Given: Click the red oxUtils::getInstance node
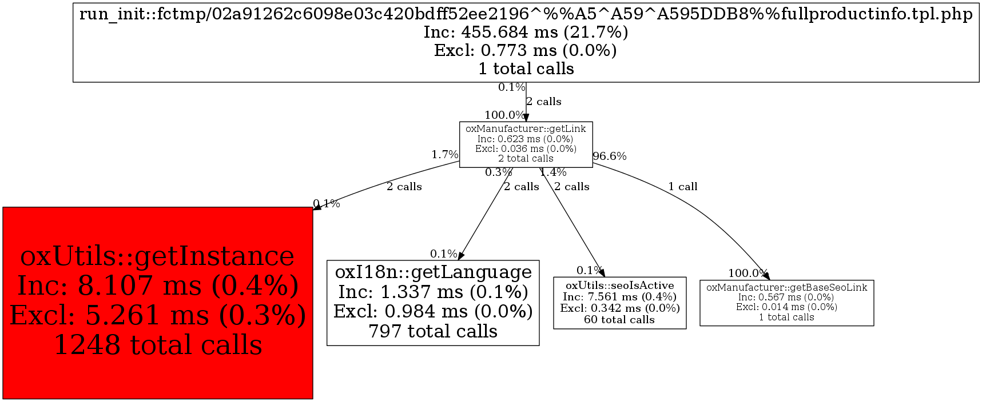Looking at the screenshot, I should tap(157, 303).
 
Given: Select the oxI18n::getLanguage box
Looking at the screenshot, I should tap(433, 302).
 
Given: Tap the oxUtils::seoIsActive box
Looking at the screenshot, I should tap(619, 302).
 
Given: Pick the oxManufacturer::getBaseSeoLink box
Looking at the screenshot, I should tap(786, 303).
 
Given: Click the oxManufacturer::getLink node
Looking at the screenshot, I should tap(526, 144).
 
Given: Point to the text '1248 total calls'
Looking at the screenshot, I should tap(158, 345).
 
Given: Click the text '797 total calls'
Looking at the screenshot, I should tap(433, 331).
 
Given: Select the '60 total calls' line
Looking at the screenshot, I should tap(619, 320).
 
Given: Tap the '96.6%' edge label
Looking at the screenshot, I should tap(610, 156).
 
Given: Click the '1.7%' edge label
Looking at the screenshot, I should tap(444, 155).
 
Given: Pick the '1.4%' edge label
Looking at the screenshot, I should tap(553, 172).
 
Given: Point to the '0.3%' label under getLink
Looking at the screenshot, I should tap(498, 172).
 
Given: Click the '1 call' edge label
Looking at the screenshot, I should tap(683, 187).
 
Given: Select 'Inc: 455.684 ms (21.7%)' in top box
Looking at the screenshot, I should tap(526, 33).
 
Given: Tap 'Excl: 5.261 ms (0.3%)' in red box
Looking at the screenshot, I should tap(158, 315).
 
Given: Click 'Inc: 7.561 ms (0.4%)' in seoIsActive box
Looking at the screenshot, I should tap(619, 296).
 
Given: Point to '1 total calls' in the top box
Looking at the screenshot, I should tap(526, 69).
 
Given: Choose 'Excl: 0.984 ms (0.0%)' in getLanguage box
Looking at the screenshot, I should tap(433, 311).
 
